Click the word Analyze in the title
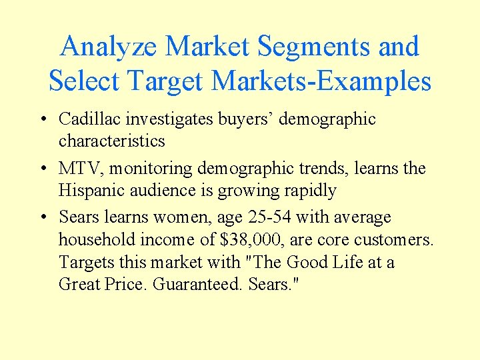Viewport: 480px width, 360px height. coord(109,47)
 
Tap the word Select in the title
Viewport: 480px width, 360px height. coord(83,81)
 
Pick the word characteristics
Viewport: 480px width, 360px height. coord(111,141)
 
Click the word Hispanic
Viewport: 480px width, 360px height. coord(90,191)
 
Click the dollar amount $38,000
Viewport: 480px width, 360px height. coord(255,240)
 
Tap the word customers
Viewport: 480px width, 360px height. coord(396,240)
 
